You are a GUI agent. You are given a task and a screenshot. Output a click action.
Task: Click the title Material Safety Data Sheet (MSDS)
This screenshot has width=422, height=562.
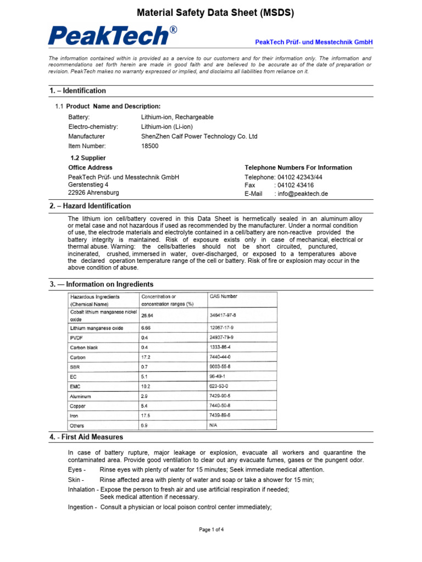[x=215, y=13]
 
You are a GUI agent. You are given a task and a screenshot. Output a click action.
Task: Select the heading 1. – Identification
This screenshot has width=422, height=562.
[x=77, y=91]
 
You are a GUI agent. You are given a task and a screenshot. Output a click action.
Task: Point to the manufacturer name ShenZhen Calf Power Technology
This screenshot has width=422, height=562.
[x=199, y=136]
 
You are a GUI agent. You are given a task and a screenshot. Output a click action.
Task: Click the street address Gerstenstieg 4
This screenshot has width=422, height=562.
[x=88, y=185]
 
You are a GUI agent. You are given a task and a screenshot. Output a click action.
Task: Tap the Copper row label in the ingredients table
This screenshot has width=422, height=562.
[x=78, y=406]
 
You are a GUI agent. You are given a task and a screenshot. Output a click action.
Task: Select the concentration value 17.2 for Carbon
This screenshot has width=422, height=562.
[x=146, y=357]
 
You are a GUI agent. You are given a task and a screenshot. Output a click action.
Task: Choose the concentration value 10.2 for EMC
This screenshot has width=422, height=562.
[x=146, y=386]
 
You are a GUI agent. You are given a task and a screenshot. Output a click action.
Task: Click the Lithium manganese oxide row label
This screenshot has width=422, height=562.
[x=96, y=328]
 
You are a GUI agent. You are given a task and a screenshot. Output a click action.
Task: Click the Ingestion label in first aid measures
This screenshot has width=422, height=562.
[x=82, y=507]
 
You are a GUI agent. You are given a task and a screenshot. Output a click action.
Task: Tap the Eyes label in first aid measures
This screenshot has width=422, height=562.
[x=76, y=470]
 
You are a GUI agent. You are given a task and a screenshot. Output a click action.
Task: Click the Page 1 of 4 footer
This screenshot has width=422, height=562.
[x=211, y=530]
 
